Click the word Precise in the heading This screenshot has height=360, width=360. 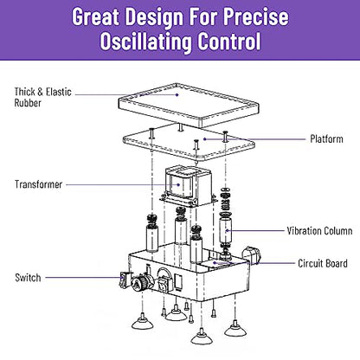point(256,16)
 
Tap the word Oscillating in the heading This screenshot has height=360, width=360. point(146,42)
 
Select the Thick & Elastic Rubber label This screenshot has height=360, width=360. point(43,97)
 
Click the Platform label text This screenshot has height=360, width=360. point(326,138)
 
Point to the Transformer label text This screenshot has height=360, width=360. point(38,184)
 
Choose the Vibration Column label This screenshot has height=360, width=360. point(319,231)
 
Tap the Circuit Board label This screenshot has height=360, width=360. point(323,263)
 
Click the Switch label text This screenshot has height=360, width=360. point(28,278)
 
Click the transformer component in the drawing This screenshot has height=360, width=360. point(188,186)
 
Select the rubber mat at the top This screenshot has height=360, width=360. point(189,105)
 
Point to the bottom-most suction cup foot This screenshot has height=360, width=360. point(202,337)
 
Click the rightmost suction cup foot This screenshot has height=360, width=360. point(235,329)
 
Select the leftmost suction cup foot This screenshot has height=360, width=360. point(142,322)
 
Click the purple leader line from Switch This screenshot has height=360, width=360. point(84,278)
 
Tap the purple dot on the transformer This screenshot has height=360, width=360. point(178,184)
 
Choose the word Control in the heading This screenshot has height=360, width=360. point(229,42)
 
